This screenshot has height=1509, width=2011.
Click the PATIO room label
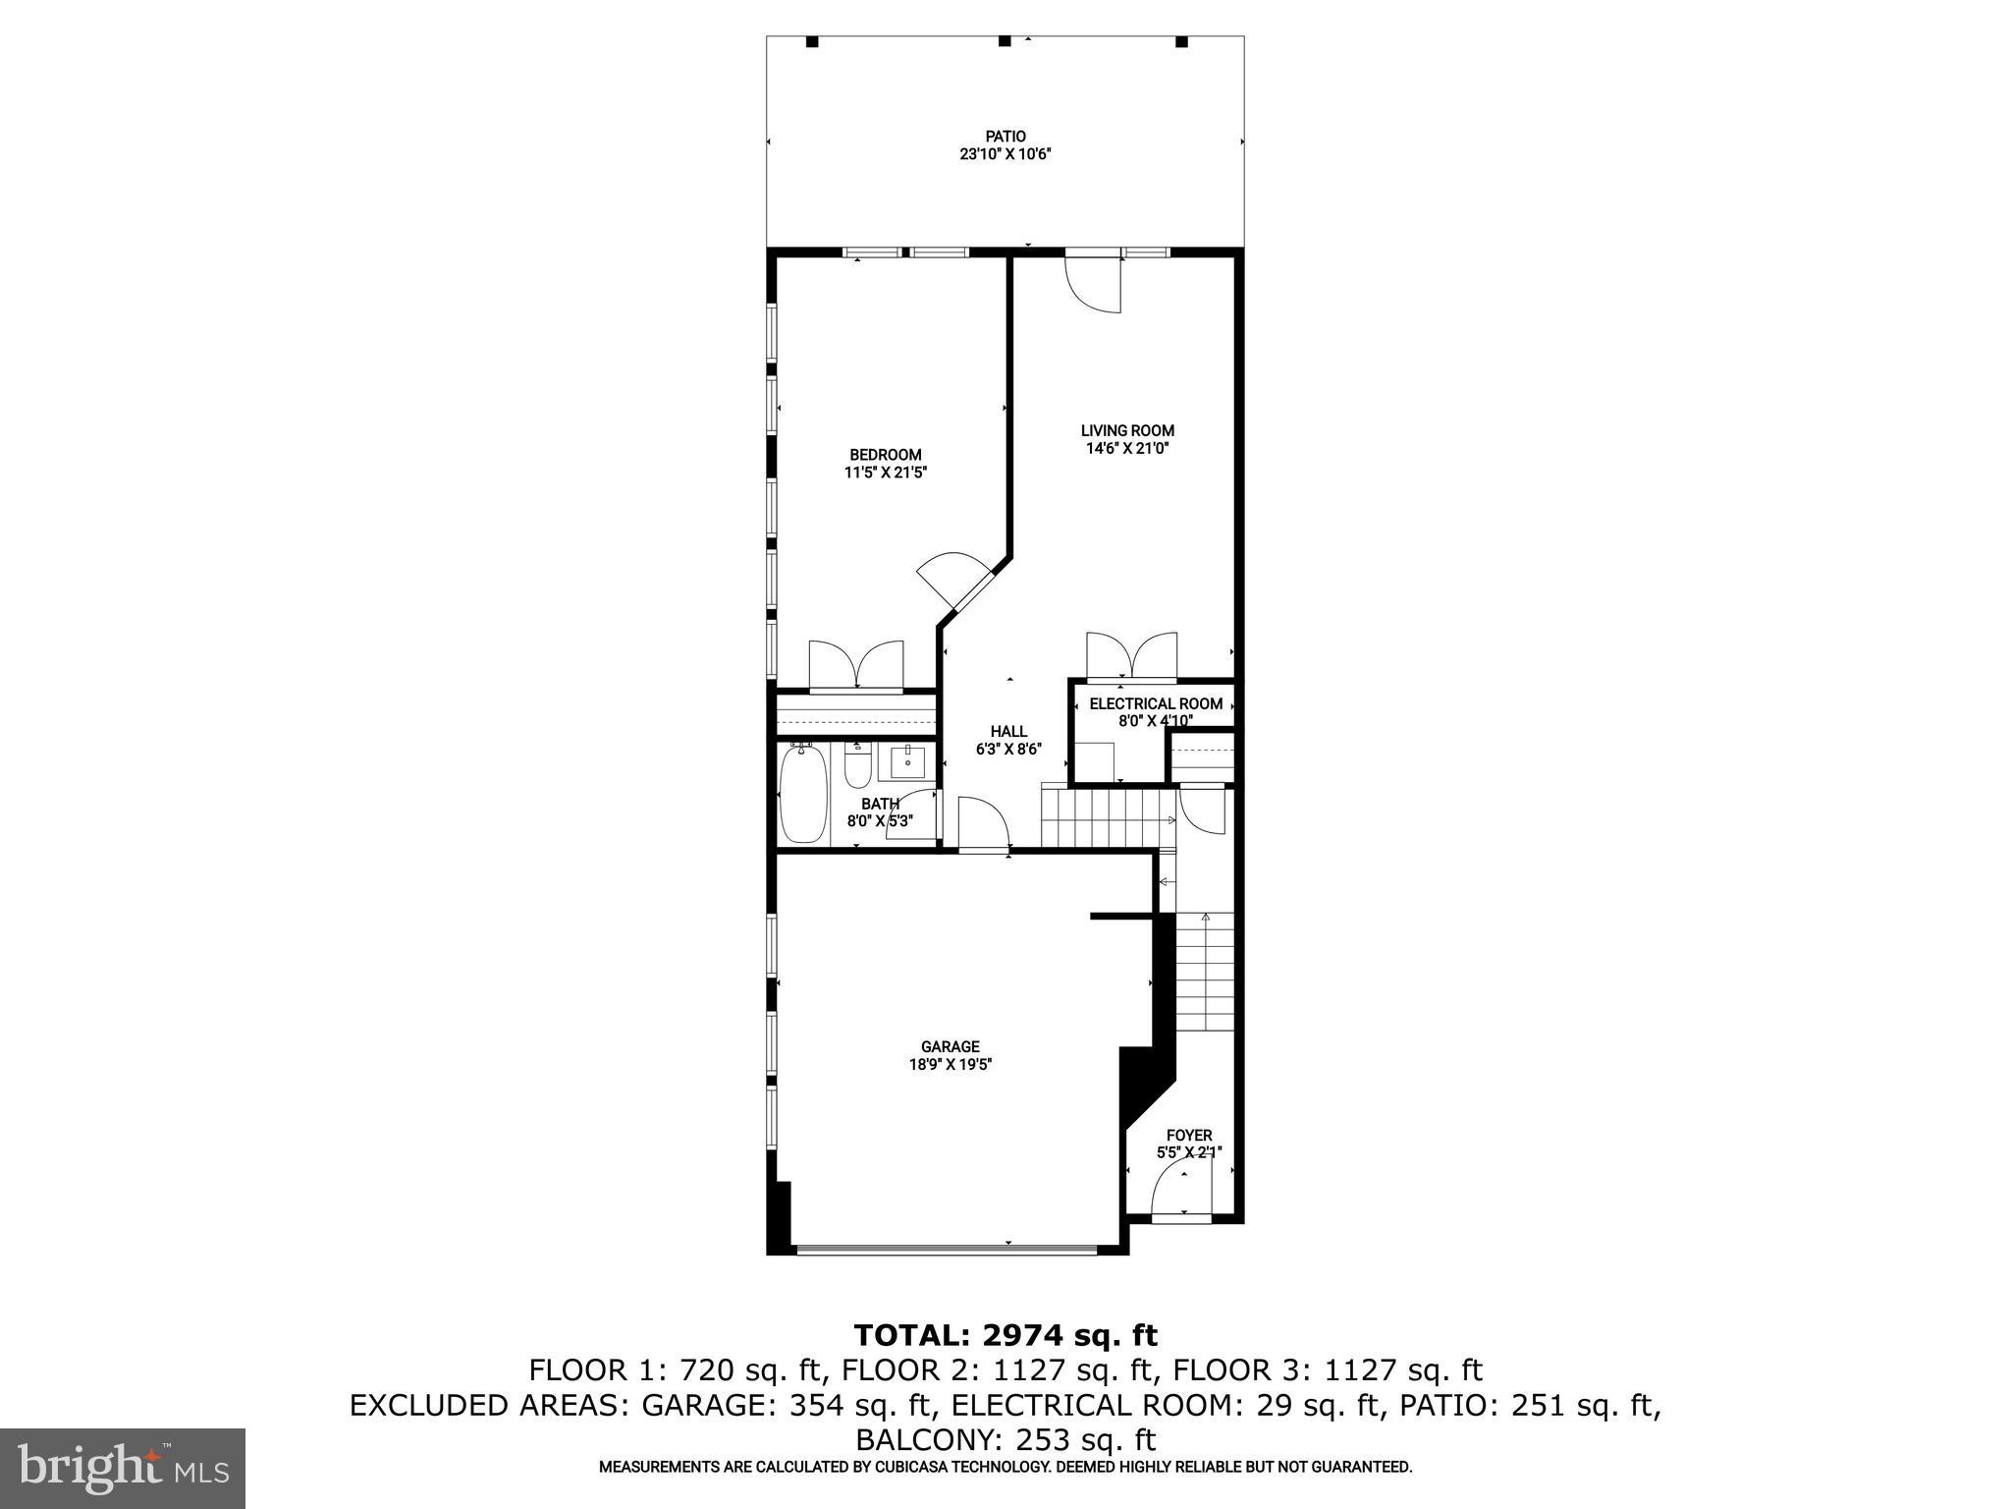click(1005, 137)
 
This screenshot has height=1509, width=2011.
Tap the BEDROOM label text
click(885, 455)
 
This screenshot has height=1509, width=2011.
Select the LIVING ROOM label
click(1127, 430)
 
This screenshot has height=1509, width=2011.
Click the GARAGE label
click(950, 1047)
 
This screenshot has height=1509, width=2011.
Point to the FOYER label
click(1188, 1136)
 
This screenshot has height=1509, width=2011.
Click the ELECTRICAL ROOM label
click(1156, 703)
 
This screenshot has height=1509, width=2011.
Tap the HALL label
click(1008, 731)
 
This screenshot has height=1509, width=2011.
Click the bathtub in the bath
click(804, 794)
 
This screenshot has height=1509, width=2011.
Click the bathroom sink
click(907, 761)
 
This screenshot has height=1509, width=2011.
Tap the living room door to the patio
click(1095, 285)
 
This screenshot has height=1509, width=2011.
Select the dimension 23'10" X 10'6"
click(1005, 154)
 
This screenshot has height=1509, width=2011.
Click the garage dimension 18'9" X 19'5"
click(950, 1064)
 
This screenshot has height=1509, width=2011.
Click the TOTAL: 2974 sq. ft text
click(1005, 1335)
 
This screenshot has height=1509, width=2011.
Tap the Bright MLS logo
click(123, 1469)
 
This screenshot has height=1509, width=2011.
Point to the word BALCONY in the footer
click(926, 1440)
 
